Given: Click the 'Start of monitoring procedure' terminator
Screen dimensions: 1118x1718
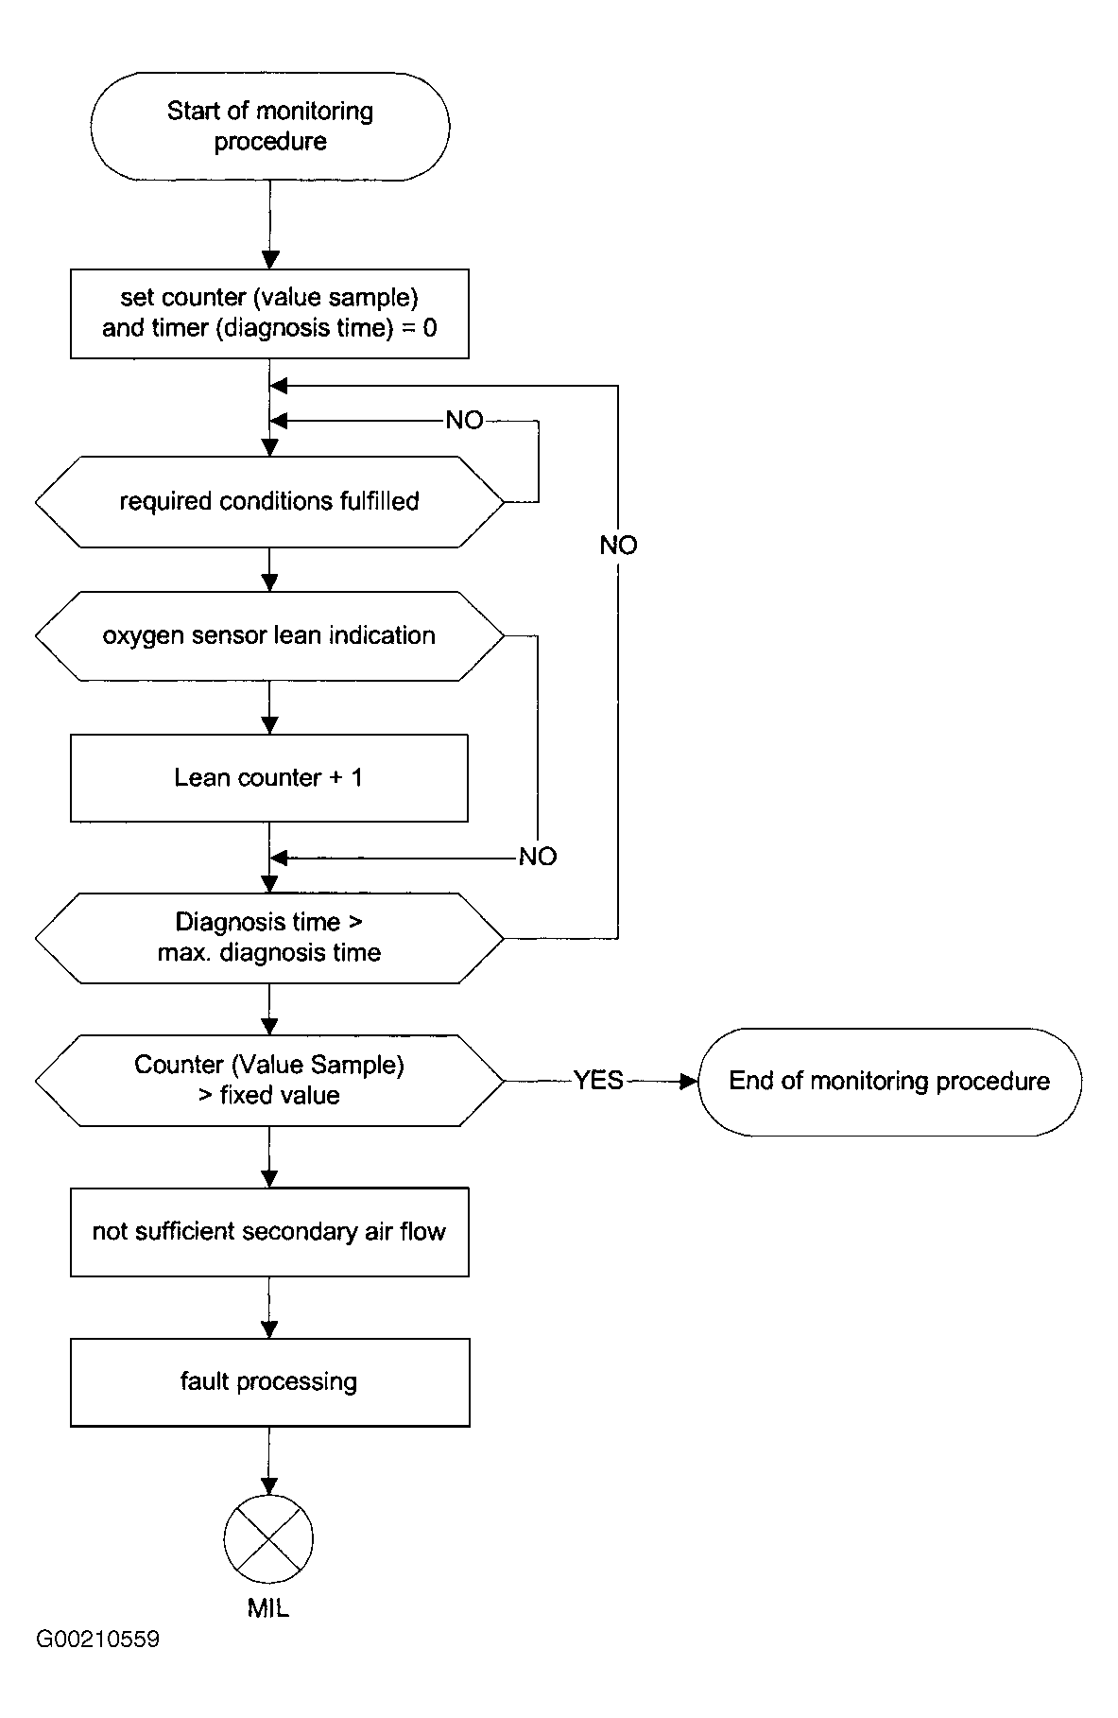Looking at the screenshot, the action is [269, 127].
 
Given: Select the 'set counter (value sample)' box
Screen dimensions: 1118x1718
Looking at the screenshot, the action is [269, 314].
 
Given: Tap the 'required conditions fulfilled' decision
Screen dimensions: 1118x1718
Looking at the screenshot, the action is [269, 501].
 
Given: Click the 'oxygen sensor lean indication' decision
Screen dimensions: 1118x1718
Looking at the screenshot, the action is [269, 635].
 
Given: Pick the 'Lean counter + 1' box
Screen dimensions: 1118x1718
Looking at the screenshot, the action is [269, 777].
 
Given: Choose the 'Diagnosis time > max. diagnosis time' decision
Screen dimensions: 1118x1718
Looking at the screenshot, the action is [269, 938].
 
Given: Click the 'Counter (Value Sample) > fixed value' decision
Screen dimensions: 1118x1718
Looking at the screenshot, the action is [269, 1080].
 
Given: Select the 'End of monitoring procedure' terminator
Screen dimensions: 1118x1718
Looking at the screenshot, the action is [889, 1082].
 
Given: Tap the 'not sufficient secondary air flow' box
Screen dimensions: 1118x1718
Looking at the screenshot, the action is [269, 1232].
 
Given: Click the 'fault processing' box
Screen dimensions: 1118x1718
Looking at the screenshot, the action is [269, 1382].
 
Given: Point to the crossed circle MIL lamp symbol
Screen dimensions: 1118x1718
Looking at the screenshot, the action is [269, 1538].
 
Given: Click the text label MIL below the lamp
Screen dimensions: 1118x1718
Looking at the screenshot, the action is [268, 1608].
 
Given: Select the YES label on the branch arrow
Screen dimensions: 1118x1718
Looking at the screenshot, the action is [598, 1080].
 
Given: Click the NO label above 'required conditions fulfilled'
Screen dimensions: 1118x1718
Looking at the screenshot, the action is [464, 420].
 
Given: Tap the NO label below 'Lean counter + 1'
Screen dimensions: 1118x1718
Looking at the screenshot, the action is [538, 857].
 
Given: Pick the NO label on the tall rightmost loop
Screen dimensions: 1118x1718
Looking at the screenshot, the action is [618, 546].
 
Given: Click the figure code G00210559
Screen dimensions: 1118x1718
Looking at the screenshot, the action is [98, 1665].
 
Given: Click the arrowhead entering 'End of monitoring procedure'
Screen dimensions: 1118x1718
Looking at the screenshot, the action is [689, 1081].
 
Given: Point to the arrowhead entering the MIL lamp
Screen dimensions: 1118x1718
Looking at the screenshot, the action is [269, 1485].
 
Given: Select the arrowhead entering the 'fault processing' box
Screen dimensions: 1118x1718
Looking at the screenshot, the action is [269, 1329].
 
